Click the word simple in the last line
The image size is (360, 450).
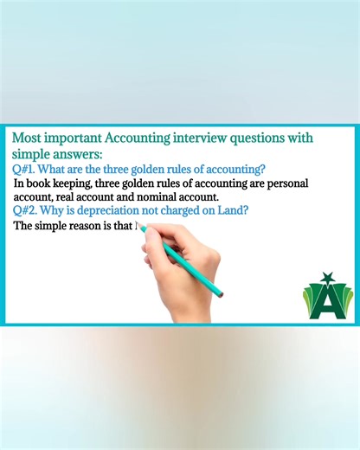57,227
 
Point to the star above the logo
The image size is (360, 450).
328,277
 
